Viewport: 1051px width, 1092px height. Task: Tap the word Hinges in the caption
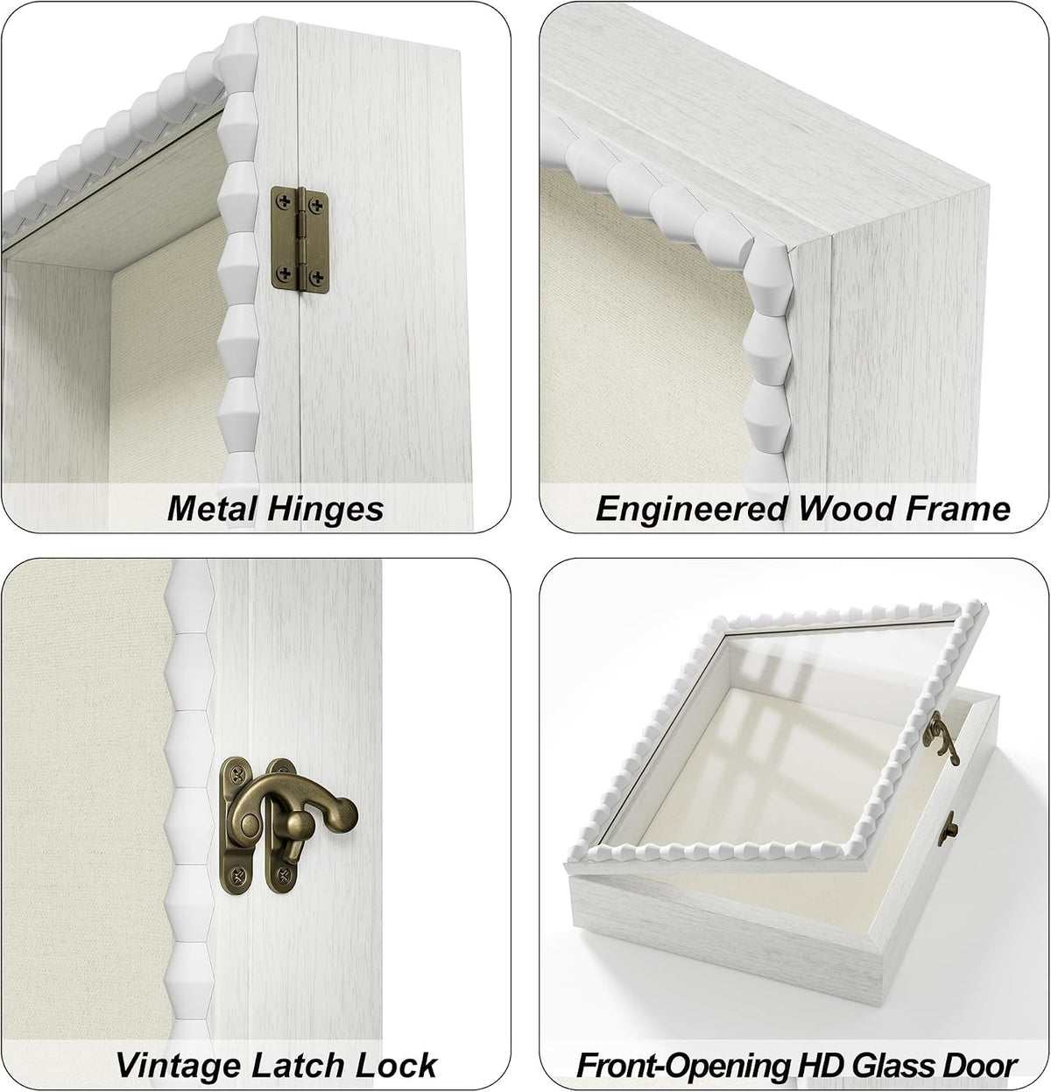click(x=325, y=510)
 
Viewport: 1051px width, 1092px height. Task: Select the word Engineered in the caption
click(x=691, y=510)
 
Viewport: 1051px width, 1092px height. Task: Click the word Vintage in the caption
click(x=179, y=1065)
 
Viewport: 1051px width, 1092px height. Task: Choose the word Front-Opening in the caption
click(x=681, y=1066)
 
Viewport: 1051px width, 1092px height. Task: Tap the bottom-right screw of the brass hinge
click(x=318, y=277)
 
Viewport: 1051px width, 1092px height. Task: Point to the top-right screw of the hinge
click(x=318, y=204)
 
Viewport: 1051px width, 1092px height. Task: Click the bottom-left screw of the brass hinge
click(x=285, y=274)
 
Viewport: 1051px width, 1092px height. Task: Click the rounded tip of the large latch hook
click(x=344, y=811)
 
